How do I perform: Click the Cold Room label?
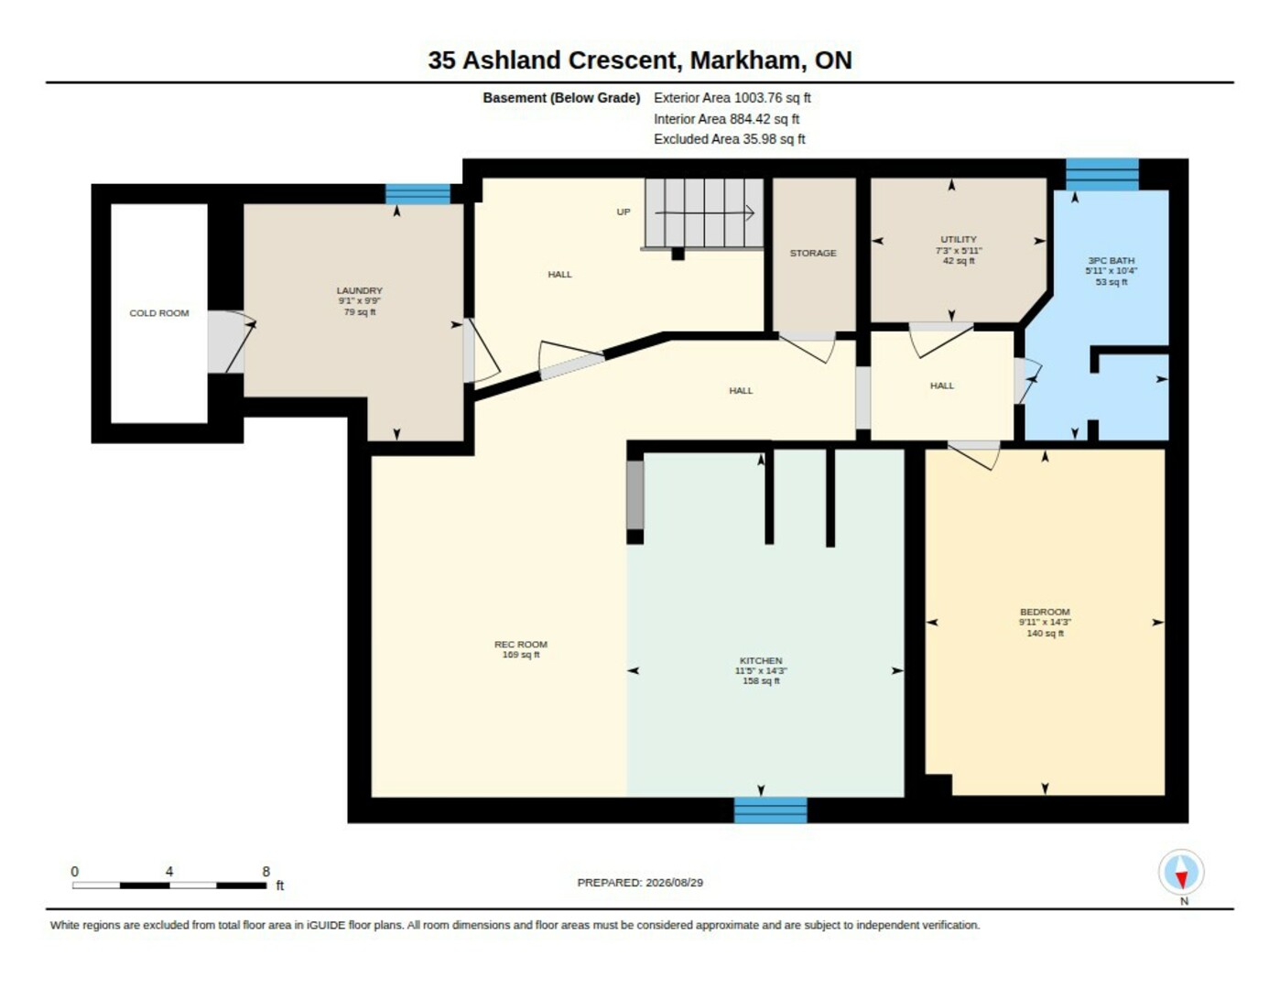point(159,313)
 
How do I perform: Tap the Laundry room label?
point(359,290)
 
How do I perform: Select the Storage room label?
point(813,253)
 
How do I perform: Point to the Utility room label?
point(959,239)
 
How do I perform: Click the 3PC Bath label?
point(1111,260)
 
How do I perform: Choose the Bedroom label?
point(1045,612)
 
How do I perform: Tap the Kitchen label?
point(761,660)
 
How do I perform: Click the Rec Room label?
point(521,644)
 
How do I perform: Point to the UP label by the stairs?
point(624,212)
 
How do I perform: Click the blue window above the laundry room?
point(418,194)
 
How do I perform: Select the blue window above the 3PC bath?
point(1102,174)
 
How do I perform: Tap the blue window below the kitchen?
point(771,810)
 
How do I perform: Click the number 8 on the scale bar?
point(266,871)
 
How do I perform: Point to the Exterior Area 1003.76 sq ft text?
point(732,98)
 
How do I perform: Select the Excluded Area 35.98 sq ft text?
point(729,139)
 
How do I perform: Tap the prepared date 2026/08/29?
point(674,883)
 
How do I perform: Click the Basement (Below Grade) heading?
point(561,98)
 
